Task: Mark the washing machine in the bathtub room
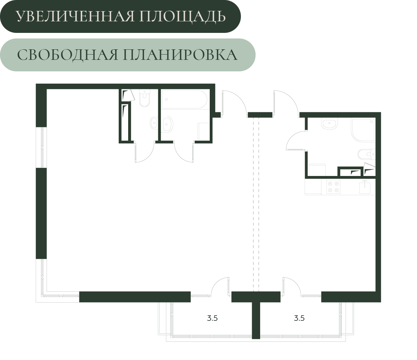click(x=203, y=131)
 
